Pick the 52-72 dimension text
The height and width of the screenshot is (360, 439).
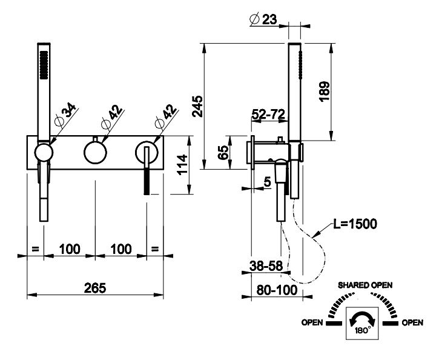tap(269, 113)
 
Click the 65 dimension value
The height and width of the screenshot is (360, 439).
tap(222, 152)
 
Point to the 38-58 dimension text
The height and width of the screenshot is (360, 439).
tap(266, 264)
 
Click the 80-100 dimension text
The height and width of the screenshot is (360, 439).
tap(276, 290)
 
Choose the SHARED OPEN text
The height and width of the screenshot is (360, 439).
tap(365, 284)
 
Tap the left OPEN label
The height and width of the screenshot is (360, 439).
tap(312, 323)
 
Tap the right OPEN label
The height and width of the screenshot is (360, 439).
tap(412, 323)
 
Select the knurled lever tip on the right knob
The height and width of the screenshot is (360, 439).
tap(146, 181)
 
